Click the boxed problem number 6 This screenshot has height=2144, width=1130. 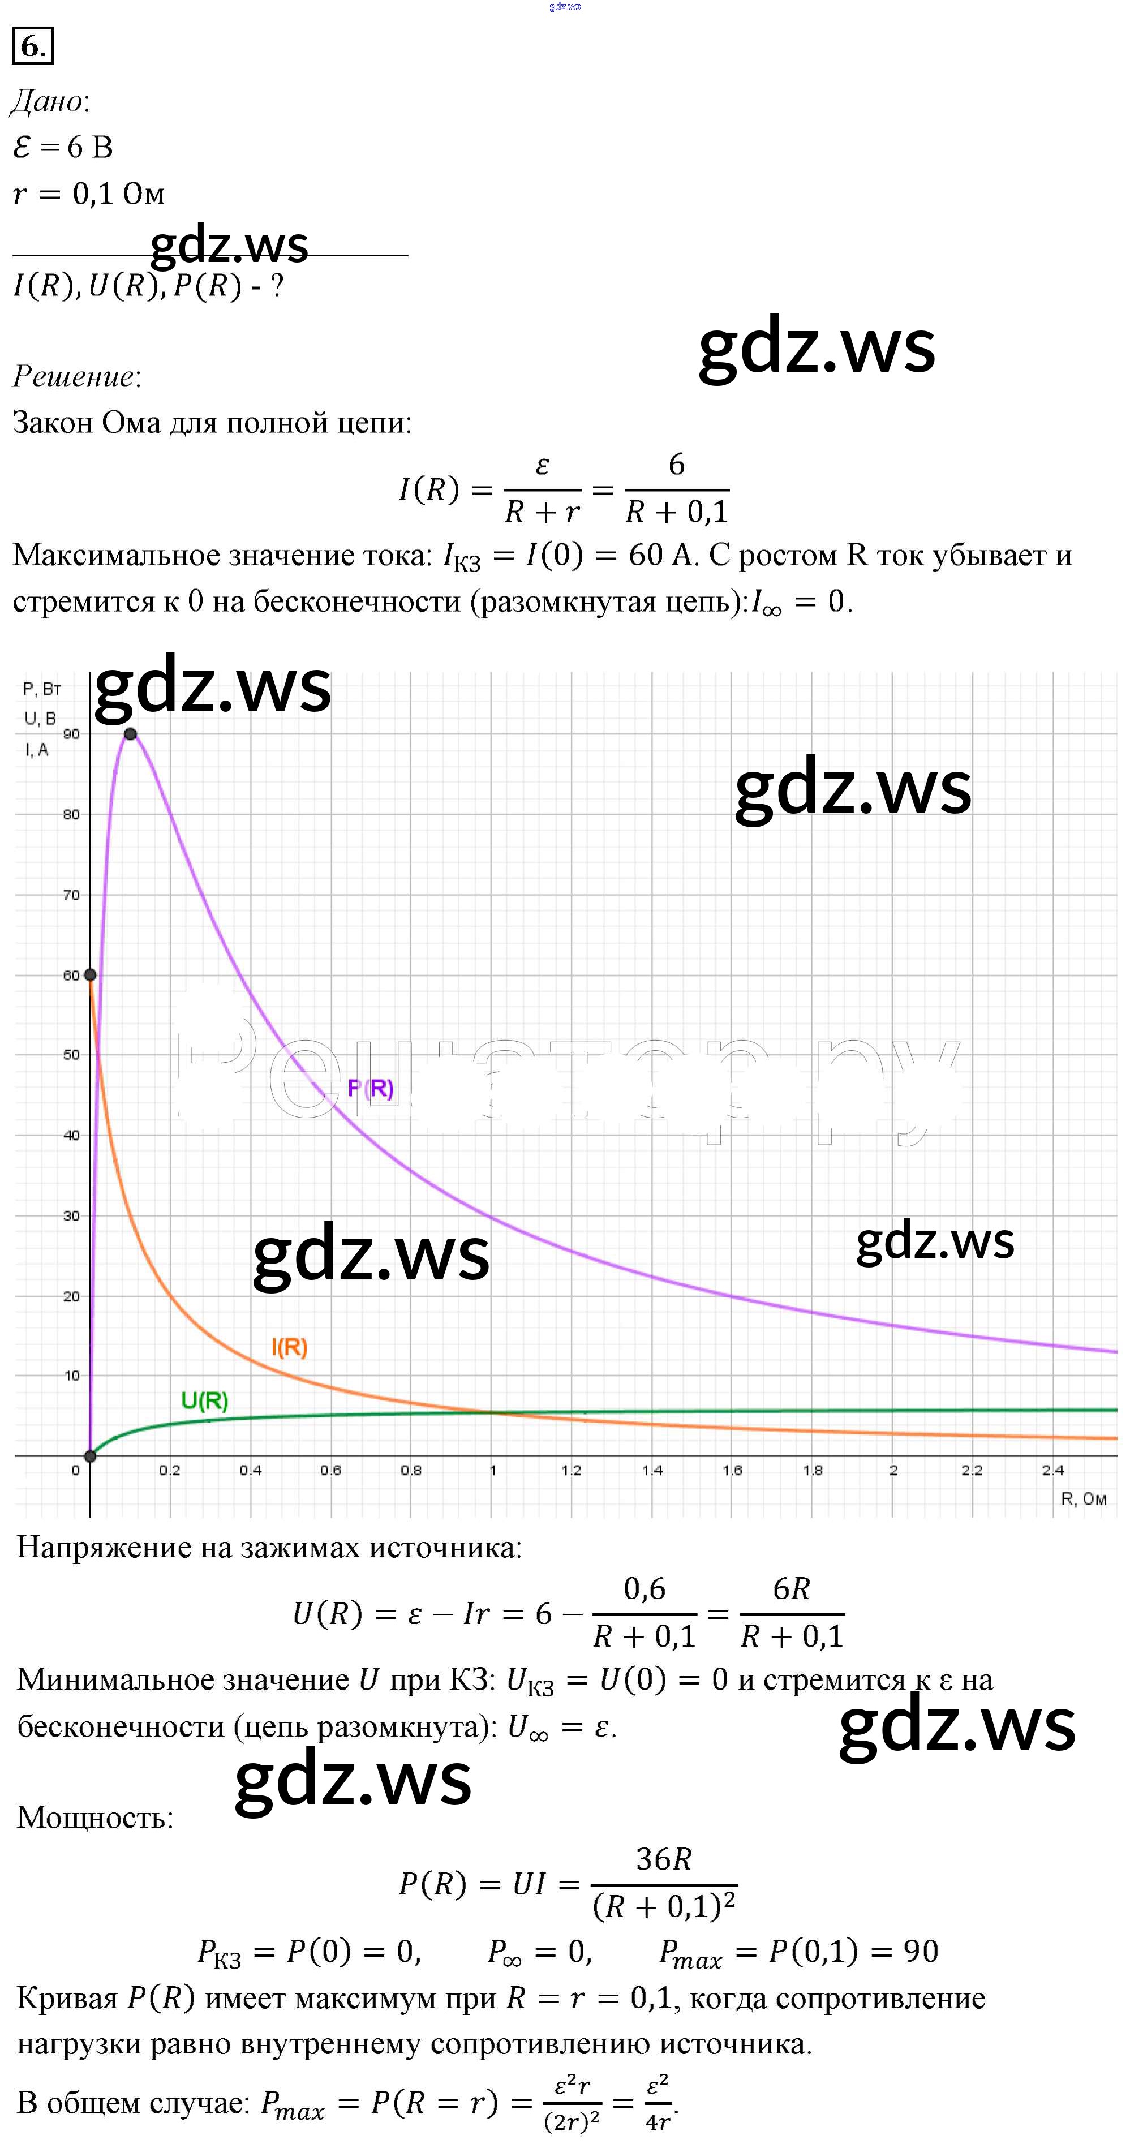[x=32, y=46]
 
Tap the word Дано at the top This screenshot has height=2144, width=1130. [x=48, y=101]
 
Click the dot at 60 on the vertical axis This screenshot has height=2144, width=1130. [x=91, y=974]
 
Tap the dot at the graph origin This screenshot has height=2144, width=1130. [x=91, y=1456]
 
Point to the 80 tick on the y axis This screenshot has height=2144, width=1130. [x=71, y=815]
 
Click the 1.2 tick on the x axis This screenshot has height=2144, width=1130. [x=571, y=1471]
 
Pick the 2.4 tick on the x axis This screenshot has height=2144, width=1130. [x=1052, y=1471]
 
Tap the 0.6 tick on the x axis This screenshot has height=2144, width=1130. [x=330, y=1471]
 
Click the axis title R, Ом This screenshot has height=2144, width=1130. [x=1084, y=1499]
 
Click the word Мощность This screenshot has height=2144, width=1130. [x=95, y=1818]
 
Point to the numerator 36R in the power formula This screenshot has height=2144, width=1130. [x=663, y=1859]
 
